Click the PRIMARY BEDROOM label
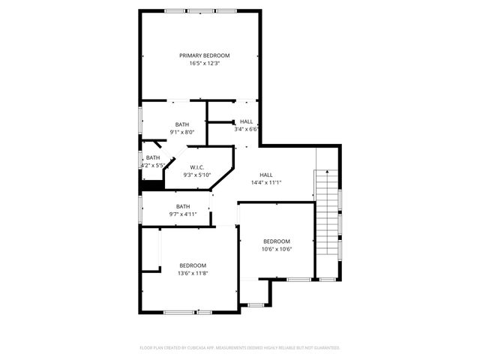click(x=204, y=55)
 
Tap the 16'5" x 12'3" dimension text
click(x=204, y=64)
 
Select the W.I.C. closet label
click(x=197, y=167)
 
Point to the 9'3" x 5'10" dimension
click(x=197, y=175)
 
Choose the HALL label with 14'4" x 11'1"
click(x=266, y=174)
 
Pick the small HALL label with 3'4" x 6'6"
click(x=247, y=121)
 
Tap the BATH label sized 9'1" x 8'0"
click(x=182, y=124)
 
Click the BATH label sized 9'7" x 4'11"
click(x=183, y=206)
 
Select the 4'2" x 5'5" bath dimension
click(x=153, y=165)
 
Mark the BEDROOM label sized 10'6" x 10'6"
click(x=277, y=241)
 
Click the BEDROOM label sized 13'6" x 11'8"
click(x=193, y=265)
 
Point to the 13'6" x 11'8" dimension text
click(x=193, y=274)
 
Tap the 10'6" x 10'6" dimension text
click(x=277, y=249)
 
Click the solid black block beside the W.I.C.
click(x=152, y=185)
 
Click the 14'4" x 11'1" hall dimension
click(x=266, y=182)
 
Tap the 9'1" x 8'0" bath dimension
click(x=182, y=132)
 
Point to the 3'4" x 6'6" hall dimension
click(x=247, y=129)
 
